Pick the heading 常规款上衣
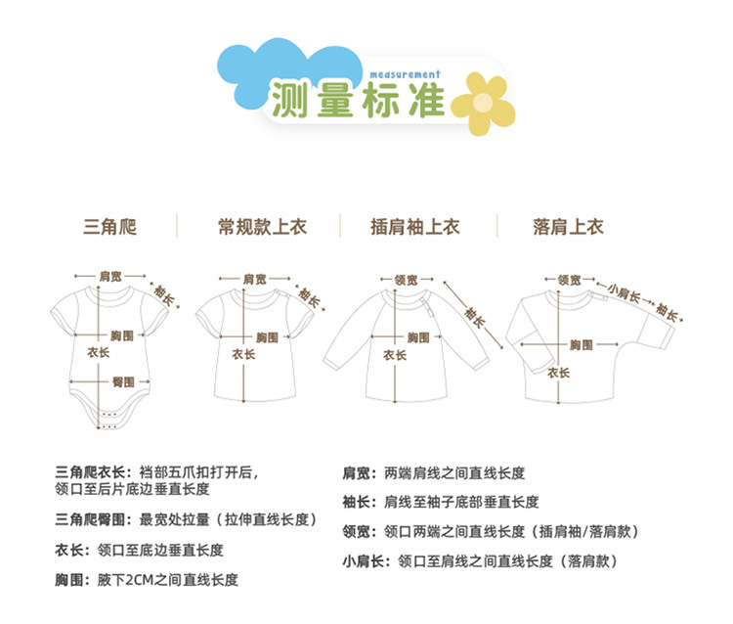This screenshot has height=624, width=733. click(261, 227)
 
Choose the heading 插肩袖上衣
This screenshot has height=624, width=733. click(414, 227)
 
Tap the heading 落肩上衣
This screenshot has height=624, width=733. click(568, 227)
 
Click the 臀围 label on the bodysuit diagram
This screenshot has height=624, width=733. click(122, 380)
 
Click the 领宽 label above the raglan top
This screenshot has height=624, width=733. click(406, 280)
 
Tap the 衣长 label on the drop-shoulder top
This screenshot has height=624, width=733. click(558, 373)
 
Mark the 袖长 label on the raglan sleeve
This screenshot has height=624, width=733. click(475, 315)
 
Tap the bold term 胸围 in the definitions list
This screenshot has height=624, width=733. click(70, 580)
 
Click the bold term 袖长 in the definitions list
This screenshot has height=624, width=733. click(355, 502)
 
